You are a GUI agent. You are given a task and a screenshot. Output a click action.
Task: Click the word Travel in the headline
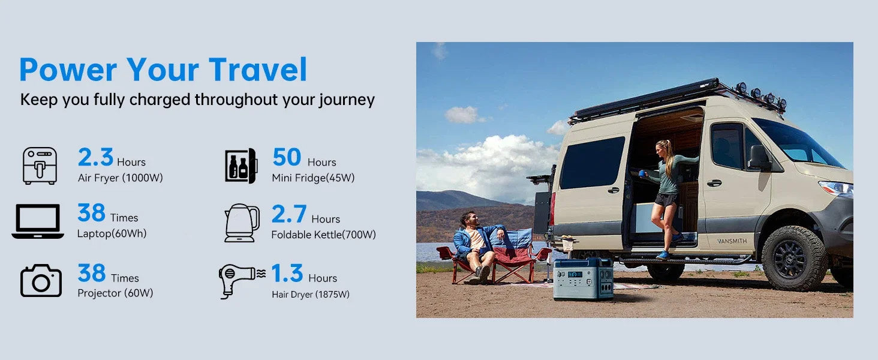[258, 70]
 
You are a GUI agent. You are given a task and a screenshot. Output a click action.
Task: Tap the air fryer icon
[40, 166]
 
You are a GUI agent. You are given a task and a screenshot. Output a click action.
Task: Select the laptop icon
[38, 221]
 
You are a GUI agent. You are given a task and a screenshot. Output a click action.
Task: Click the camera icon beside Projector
[41, 280]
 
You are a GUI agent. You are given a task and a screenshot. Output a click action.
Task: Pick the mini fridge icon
[241, 166]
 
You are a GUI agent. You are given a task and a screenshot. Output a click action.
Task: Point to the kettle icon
[242, 223]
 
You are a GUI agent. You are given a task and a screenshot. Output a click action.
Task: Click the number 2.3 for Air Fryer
[95, 157]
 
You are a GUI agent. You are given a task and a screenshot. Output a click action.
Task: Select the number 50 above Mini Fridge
[287, 157]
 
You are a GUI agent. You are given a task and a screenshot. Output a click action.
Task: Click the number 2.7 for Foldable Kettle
[289, 214]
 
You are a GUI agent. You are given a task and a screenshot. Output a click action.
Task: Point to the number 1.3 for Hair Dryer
[287, 273]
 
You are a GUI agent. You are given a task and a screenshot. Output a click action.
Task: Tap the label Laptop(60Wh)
[112, 234]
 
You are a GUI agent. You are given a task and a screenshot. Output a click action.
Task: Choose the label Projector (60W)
[115, 293]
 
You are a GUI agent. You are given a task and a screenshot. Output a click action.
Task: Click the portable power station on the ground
[584, 279]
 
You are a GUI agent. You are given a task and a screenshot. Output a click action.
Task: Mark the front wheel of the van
[794, 258]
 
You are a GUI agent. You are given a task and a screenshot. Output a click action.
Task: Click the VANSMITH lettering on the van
[732, 241]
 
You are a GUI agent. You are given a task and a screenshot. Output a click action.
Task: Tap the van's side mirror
[759, 157]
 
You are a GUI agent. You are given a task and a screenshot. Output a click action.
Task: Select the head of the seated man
[468, 220]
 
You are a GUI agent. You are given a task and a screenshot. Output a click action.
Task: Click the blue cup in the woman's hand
[642, 173]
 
